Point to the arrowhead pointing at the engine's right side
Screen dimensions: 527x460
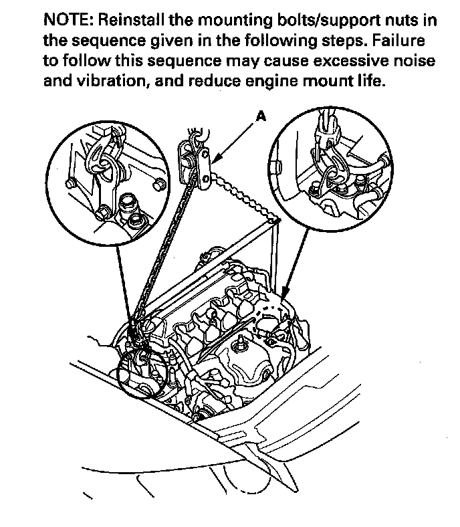pyautogui.click(x=283, y=294)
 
